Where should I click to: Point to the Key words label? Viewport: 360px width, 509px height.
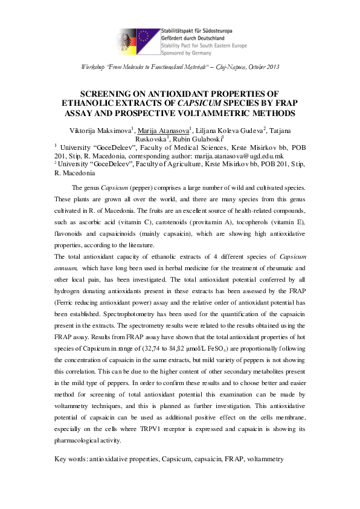71,460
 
